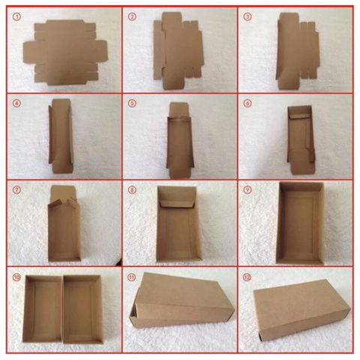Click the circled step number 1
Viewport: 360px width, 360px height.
point(17,17)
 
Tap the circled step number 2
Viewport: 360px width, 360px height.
point(132,16)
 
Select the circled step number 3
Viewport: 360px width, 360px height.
point(247,16)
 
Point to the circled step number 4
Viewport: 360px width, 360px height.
point(17,103)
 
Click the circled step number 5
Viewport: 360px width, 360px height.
point(132,103)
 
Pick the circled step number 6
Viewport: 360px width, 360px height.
point(247,103)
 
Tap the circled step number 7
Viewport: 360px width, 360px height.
point(17,190)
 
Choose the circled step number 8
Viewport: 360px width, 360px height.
point(132,190)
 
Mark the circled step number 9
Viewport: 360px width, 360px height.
point(247,190)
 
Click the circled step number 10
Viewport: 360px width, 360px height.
point(17,277)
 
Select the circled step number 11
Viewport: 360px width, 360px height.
point(132,277)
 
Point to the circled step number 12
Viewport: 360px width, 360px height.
point(247,277)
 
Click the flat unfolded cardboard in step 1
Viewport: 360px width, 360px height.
point(65,52)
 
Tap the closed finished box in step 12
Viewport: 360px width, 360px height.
point(302,310)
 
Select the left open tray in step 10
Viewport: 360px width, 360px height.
point(43,309)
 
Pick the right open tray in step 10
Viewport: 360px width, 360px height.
point(83,310)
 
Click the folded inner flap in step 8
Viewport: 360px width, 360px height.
point(177,204)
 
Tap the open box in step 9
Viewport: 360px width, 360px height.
point(300,223)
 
